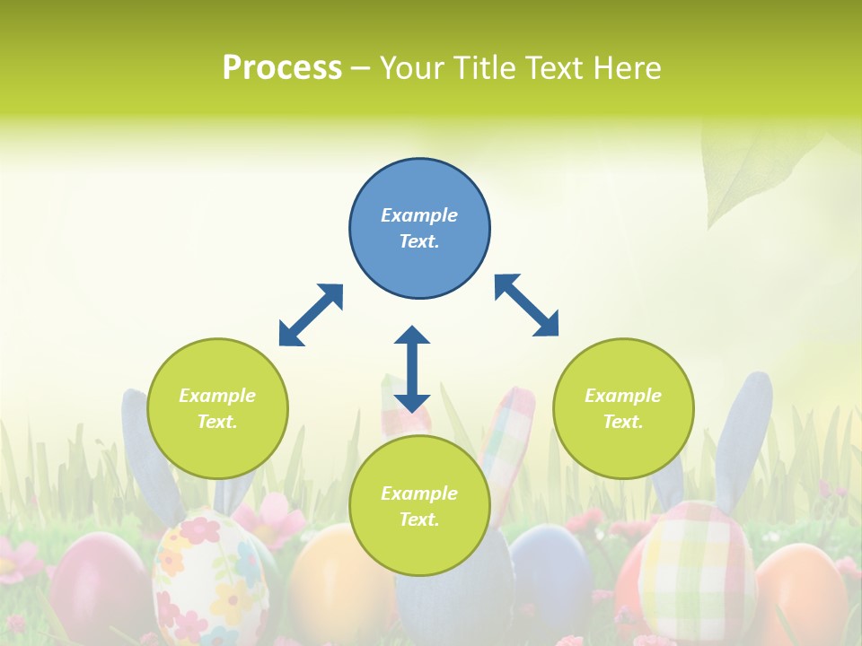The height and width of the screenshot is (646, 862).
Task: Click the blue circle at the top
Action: coord(419,228)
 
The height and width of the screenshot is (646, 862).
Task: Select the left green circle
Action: coord(217,408)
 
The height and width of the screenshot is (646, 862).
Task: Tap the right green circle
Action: coord(623,408)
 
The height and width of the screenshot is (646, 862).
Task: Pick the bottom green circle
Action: coord(419,506)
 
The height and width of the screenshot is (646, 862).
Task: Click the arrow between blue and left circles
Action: coord(311,315)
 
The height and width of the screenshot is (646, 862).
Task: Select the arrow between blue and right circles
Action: coord(526,305)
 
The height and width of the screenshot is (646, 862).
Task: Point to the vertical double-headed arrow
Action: coord(412,369)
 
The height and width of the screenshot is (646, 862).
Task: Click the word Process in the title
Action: coord(282,67)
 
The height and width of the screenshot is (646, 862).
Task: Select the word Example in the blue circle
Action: coord(419,215)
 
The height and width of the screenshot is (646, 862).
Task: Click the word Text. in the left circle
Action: coord(217,422)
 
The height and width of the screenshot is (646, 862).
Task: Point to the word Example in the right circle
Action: coord(623,396)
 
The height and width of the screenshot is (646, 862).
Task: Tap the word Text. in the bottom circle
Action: coord(419,519)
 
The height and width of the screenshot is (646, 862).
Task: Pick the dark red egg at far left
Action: coord(96,583)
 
